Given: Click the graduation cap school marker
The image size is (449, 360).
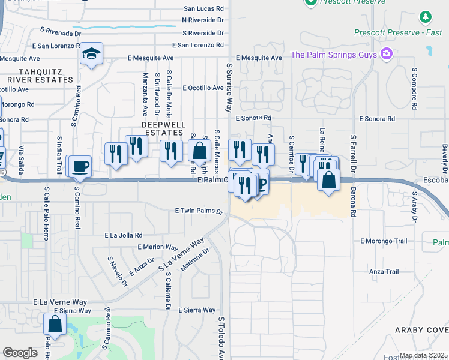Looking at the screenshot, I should point(92,53).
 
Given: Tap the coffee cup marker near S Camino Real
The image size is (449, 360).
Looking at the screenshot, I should point(80,166).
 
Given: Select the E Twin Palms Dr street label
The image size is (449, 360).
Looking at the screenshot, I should point(199,211).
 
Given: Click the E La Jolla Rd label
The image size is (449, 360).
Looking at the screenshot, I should point(123,235).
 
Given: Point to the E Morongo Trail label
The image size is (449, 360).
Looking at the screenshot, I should point(384,241).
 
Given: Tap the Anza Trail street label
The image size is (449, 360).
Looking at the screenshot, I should point(384,272).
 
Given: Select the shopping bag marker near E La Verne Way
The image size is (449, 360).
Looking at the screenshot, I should point(55,324).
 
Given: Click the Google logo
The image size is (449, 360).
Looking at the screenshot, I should point(20,353).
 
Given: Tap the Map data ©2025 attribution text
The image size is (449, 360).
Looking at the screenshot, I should point(423,356).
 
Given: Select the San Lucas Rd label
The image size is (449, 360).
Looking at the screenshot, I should point(203,9).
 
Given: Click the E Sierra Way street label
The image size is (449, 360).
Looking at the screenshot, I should point(197,310).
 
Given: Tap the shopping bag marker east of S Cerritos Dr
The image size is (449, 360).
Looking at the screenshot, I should point(328,180).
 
